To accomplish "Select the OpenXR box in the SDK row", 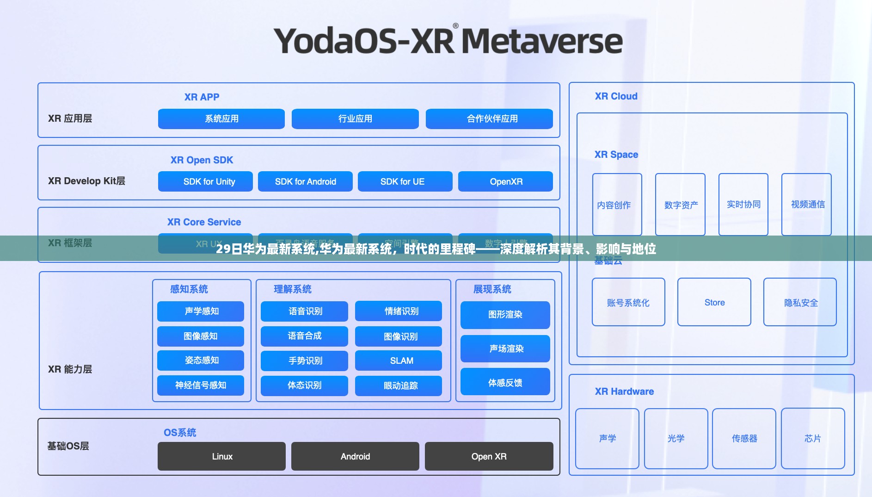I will pos(505,181).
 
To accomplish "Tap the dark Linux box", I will pos(221,456).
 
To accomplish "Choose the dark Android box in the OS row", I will pos(355,456).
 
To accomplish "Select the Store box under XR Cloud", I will pos(714,302).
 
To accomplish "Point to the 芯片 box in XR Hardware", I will pos(813,438).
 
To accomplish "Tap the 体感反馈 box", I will pos(505,382).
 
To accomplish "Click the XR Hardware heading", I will pos(624,391).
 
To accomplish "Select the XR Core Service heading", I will pos(204,222).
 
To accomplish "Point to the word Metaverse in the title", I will pos(542,42).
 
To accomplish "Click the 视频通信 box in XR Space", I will pos(807,205).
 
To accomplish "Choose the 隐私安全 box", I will pos(800,302).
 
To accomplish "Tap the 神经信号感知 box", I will pos(201,385).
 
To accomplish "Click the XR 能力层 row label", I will pos(70,369).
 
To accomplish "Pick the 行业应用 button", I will pos(355,119).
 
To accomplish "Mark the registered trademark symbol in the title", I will pos(456,26).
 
